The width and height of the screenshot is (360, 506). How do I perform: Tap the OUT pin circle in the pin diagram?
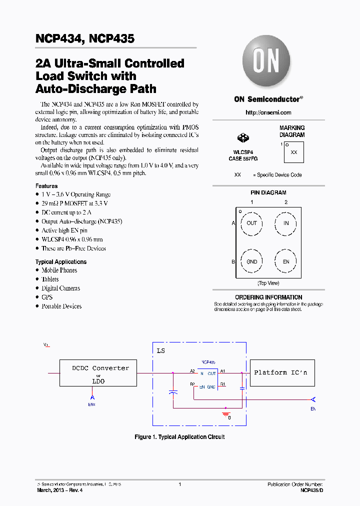coord(251,223)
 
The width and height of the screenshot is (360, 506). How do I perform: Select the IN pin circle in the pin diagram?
coord(286,223)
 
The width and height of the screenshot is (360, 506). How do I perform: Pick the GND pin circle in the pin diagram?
coord(251,261)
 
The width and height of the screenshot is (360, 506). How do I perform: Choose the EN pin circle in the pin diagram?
coord(286,261)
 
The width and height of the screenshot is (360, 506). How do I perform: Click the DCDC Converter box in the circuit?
coord(98,373)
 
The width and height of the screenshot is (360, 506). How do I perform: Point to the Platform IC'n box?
coord(281,373)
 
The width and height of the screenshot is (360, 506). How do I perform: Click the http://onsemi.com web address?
coord(268,112)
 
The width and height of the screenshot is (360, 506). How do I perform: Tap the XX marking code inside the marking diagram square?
coord(293,152)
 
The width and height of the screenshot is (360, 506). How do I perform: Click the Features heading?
coord(46,185)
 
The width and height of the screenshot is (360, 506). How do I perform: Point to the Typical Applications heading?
coord(60,261)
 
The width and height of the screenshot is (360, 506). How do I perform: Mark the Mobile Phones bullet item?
coord(59,270)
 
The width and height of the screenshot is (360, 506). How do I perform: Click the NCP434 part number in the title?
coord(55,38)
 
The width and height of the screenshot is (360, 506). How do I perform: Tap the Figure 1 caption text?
coord(179,437)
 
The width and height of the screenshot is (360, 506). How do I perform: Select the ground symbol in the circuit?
coord(225,414)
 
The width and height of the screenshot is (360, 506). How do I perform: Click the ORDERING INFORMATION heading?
coord(268,297)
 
